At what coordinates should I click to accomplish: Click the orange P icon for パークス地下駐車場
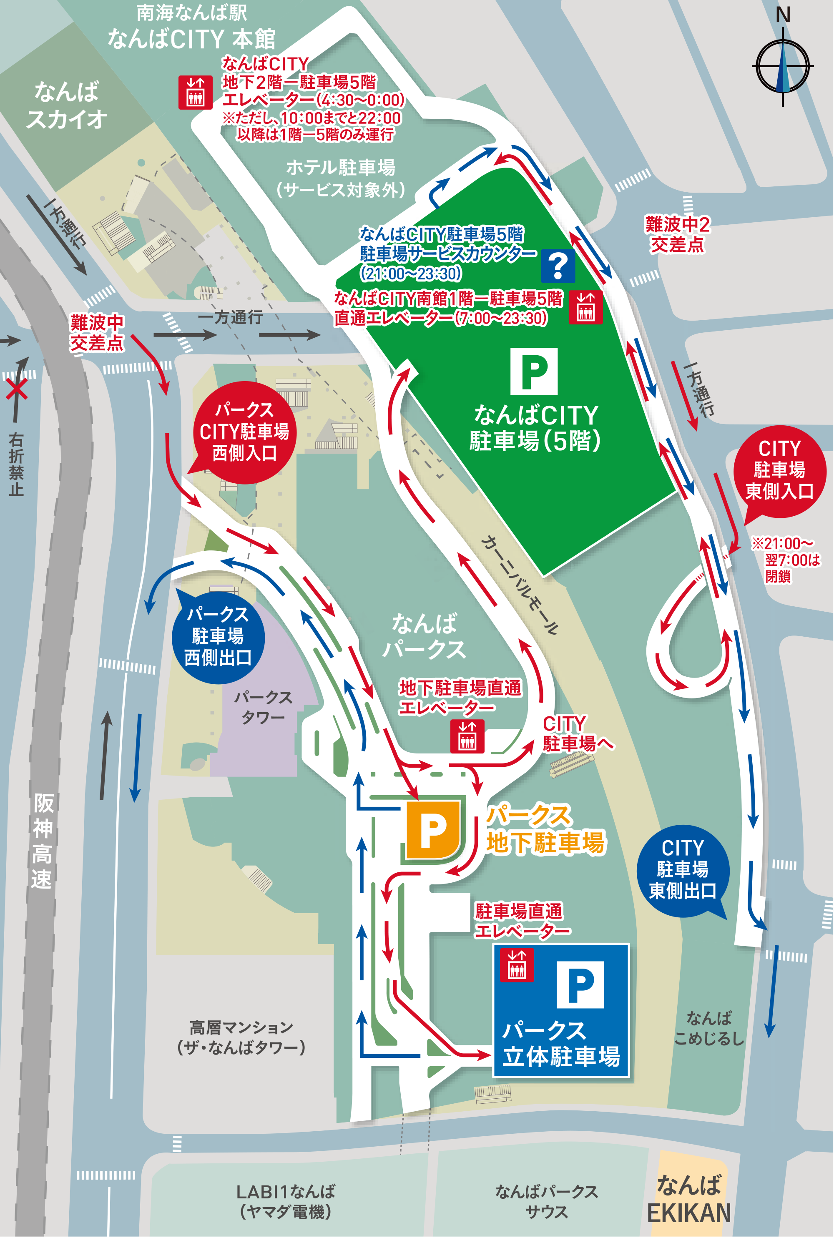(x=433, y=830)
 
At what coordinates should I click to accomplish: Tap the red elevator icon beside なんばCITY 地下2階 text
(x=195, y=93)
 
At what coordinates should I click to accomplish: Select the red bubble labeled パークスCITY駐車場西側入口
(x=244, y=432)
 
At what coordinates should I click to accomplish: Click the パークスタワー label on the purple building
(x=263, y=707)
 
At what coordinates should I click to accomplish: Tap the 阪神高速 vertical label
(x=42, y=841)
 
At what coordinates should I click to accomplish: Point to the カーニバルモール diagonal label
(x=520, y=585)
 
